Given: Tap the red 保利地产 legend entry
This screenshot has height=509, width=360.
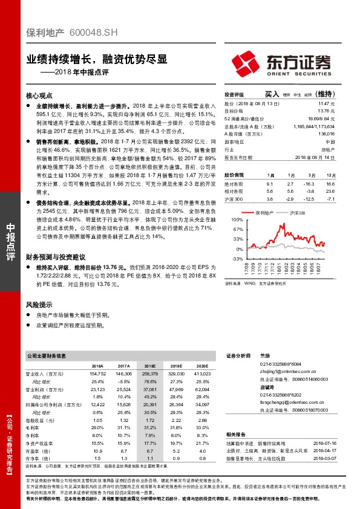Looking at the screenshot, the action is click(261, 213).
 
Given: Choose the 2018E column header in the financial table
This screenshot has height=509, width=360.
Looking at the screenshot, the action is click(149, 366).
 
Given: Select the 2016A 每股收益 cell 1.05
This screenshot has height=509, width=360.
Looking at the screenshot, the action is click(97, 419).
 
